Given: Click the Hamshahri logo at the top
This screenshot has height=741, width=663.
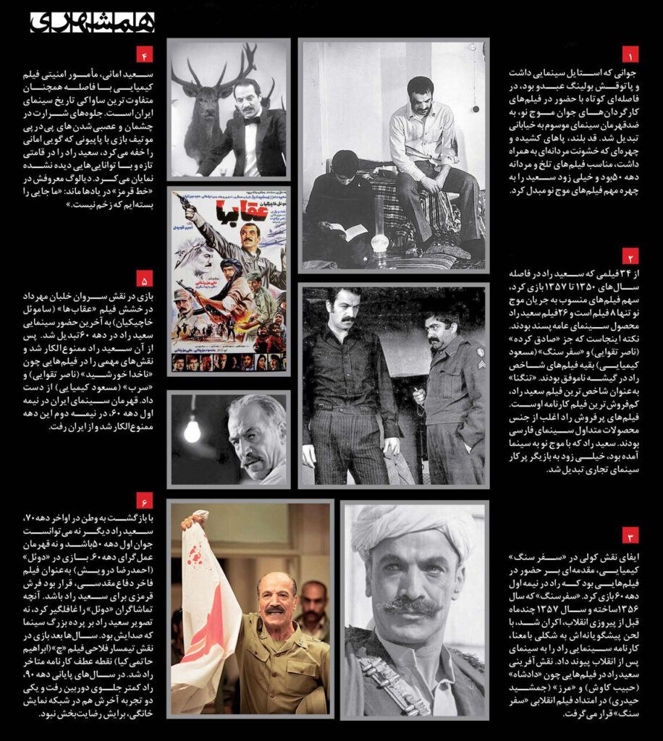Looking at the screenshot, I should pos(92,22).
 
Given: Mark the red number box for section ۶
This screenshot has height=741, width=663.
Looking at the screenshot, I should pos(145,501).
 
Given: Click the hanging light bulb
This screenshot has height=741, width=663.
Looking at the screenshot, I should pos(192,431).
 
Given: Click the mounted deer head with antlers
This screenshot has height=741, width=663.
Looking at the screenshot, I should pos(205,101).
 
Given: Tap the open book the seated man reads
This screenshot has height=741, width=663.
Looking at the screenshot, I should pos(349,232).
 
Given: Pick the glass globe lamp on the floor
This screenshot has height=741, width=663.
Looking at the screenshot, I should pos(379,242).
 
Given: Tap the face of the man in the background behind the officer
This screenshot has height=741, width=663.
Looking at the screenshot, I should pos(313,598).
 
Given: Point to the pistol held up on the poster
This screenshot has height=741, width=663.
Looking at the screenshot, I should pos(182,200).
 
